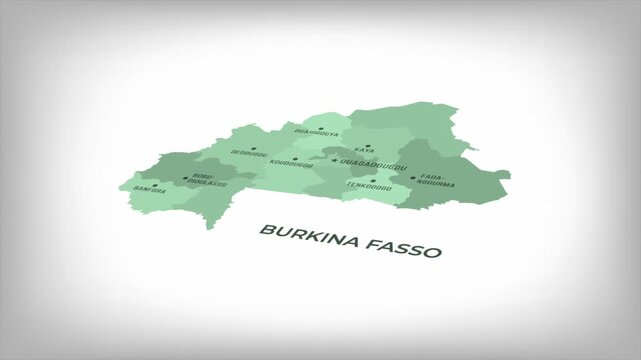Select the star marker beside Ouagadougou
tap(335, 160)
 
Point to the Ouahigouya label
tap(316, 133)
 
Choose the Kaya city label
tap(364, 150)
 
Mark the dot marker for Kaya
tap(370, 143)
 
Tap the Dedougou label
tap(249, 153)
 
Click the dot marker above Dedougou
tap(254, 147)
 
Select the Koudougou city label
tap(291, 164)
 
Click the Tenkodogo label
tap(368, 186)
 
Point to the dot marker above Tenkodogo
tap(373, 180)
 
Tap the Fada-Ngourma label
tap(435, 181)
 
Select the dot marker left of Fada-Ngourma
tap(412, 179)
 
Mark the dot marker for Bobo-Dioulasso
tap(185, 181)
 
